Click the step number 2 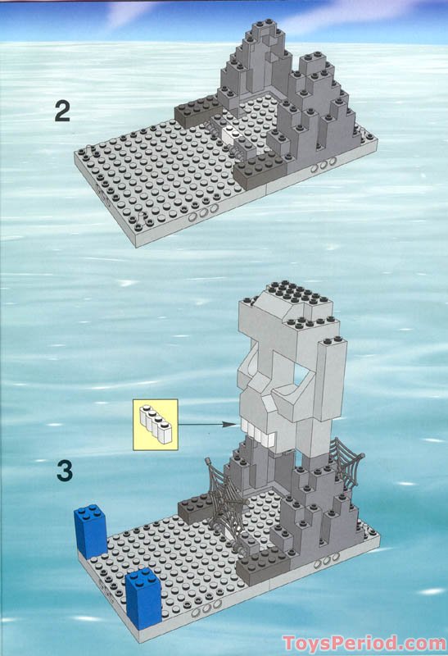point(62,111)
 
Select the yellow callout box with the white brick point(155,424)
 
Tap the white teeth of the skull point(261,430)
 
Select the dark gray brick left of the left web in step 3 point(195,508)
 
